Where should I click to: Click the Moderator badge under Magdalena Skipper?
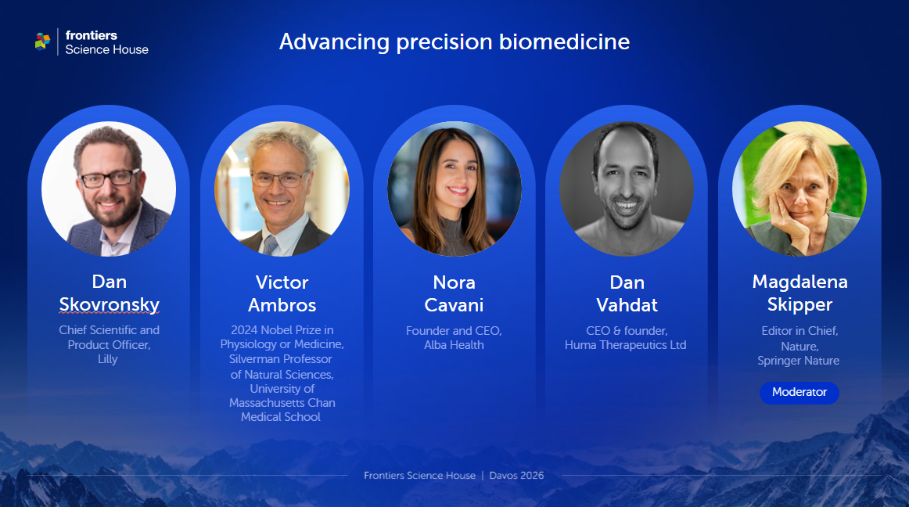click(799, 392)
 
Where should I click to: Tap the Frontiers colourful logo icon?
click(42, 41)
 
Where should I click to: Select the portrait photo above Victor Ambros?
click(282, 189)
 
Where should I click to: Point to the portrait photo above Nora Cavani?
click(454, 189)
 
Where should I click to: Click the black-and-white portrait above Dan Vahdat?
click(627, 189)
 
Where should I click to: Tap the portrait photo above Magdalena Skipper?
click(799, 189)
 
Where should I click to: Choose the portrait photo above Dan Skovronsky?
click(109, 189)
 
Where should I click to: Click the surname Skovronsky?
click(110, 304)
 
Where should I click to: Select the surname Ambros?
click(282, 304)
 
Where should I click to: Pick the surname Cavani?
click(454, 304)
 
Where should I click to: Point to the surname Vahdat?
click(627, 304)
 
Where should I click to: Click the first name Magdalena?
click(799, 282)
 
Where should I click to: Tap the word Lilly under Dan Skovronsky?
click(108, 360)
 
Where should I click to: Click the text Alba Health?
click(454, 345)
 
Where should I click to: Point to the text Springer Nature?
click(798, 361)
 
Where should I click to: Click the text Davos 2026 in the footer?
click(516, 476)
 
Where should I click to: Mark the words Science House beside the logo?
click(106, 49)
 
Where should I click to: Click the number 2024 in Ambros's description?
click(245, 330)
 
